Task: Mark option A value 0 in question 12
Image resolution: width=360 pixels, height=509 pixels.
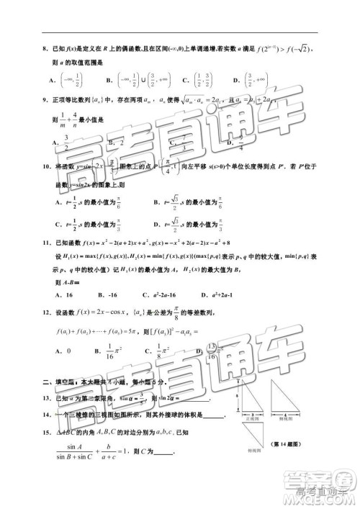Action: (63, 351)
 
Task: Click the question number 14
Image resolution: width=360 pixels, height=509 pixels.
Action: (45, 414)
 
